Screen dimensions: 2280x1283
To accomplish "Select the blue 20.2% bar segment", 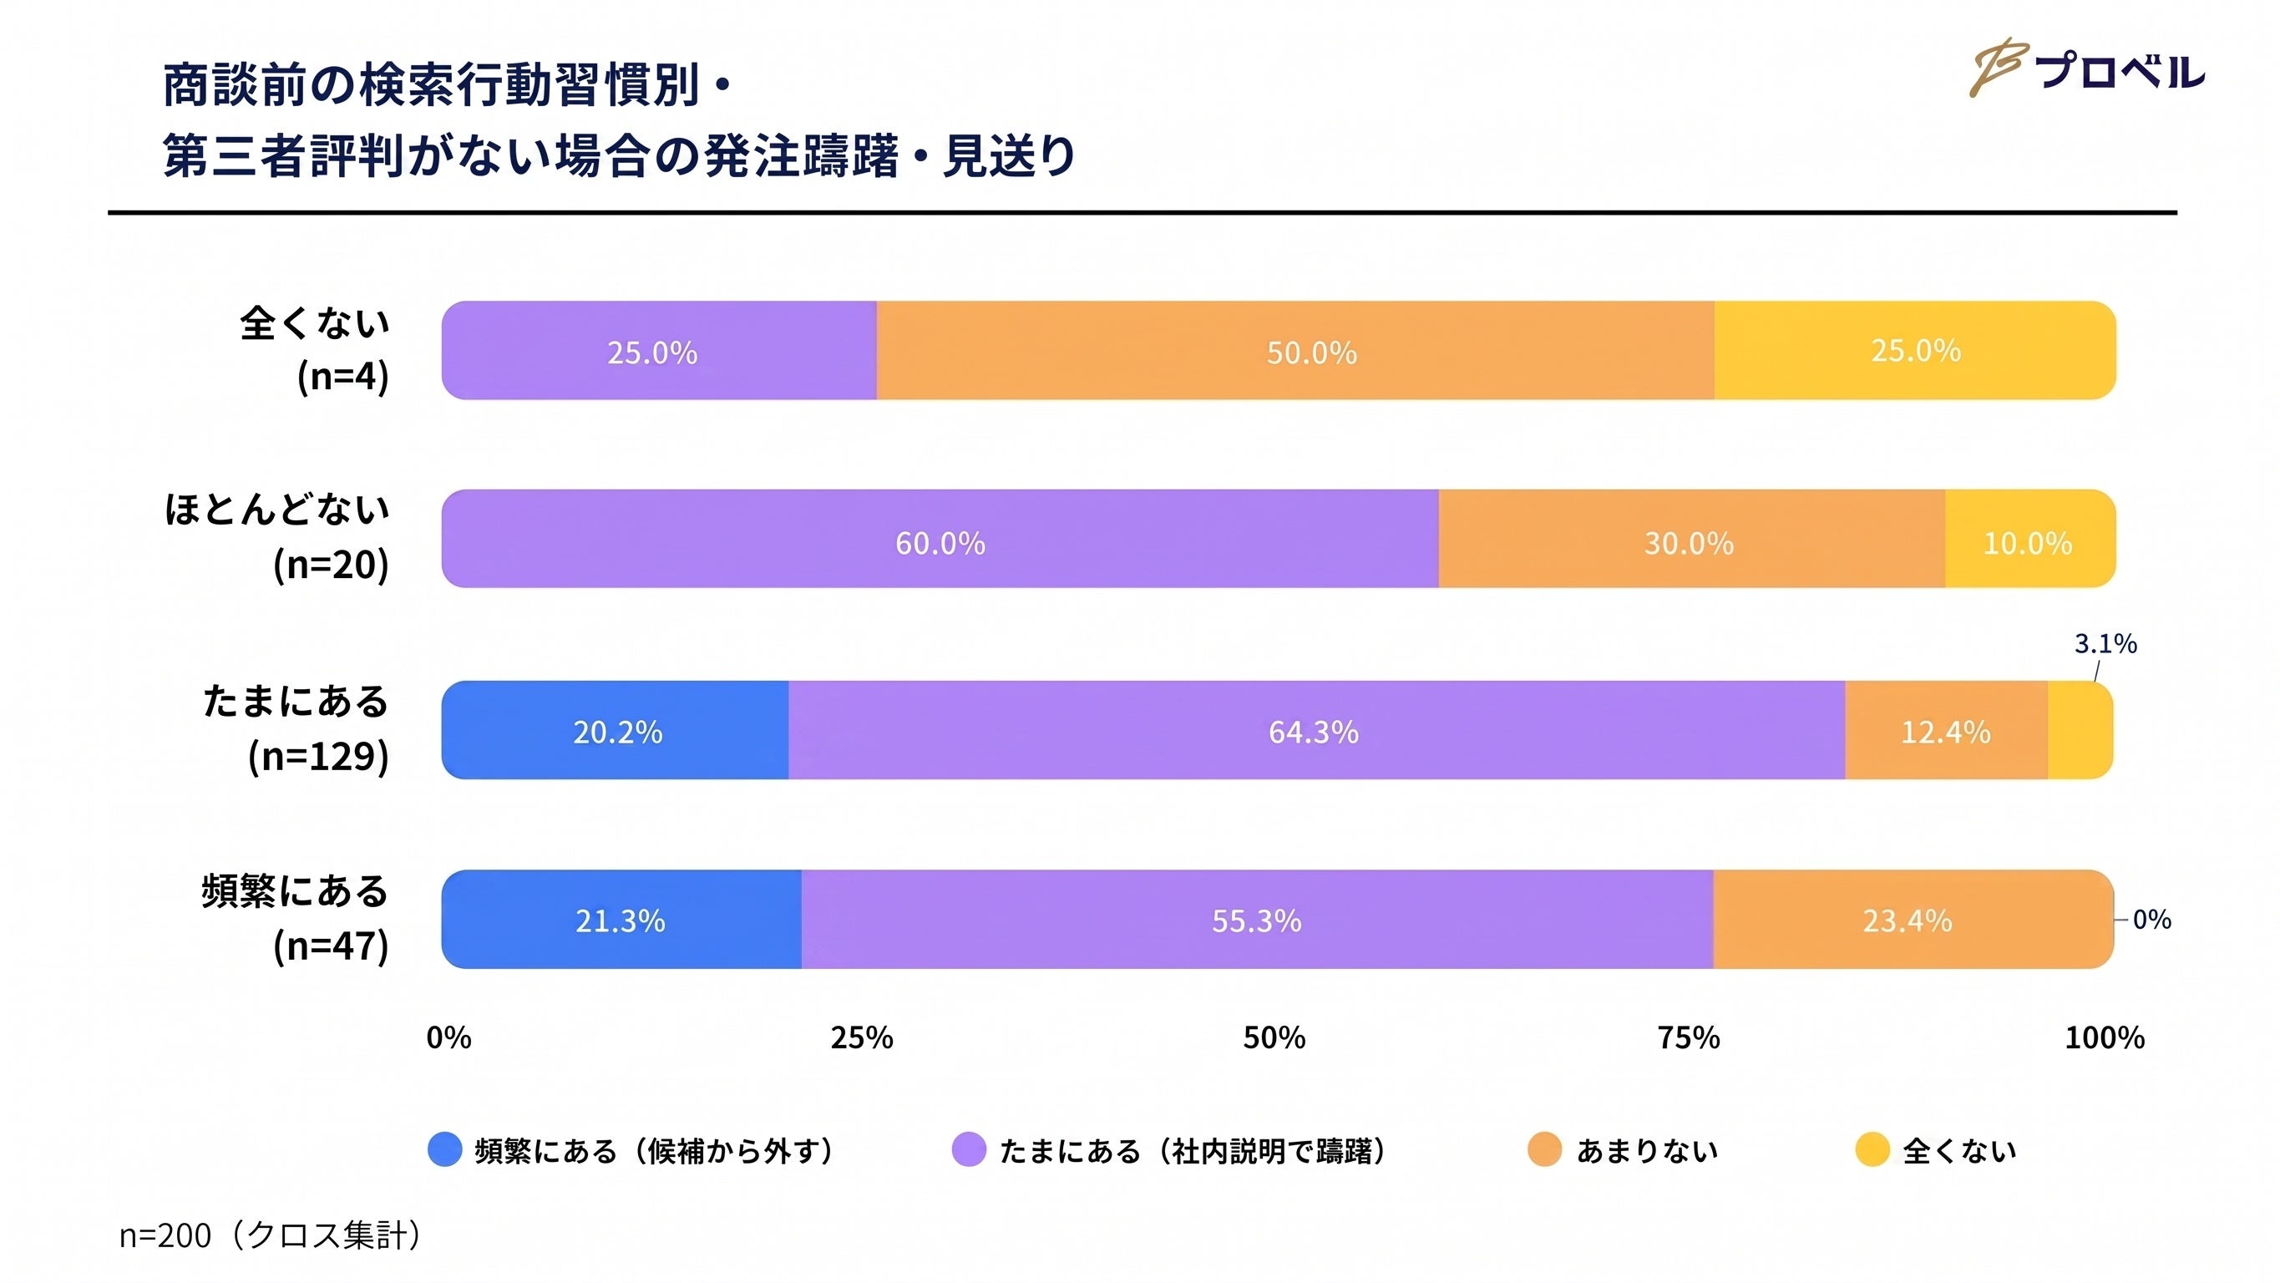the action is [x=616, y=731].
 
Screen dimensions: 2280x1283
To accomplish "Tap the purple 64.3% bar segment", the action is [x=1317, y=731].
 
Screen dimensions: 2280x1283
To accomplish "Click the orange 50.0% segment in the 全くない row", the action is [x=1295, y=351].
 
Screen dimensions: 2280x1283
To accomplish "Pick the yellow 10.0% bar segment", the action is [x=2030, y=540].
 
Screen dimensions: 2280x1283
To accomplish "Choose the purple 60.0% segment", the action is [x=940, y=540].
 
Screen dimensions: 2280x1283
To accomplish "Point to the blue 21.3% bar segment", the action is [x=621, y=920].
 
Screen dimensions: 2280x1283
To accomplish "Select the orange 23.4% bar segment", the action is [x=1913, y=920].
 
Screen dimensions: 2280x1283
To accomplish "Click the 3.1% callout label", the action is [x=2105, y=644].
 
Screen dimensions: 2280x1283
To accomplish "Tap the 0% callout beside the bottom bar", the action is [x=2151, y=920].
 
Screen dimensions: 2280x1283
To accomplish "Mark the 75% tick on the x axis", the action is [x=1689, y=1037].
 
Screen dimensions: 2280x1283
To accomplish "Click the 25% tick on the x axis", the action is [x=861, y=1037].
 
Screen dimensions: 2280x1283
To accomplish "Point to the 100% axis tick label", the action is [x=2105, y=1037].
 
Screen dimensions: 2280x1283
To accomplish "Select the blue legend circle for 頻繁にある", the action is [x=444, y=1150].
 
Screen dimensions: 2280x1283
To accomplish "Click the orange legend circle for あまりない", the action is [x=1544, y=1150].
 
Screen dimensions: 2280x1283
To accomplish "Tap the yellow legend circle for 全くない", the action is [x=1872, y=1150].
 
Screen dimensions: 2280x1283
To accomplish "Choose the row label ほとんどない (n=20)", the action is [x=277, y=537].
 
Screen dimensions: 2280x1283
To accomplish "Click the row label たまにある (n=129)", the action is [x=296, y=728].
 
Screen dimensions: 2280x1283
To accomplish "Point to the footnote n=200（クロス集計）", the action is [x=270, y=1235].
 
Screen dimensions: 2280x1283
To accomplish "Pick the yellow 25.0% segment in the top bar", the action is [x=1915, y=351].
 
